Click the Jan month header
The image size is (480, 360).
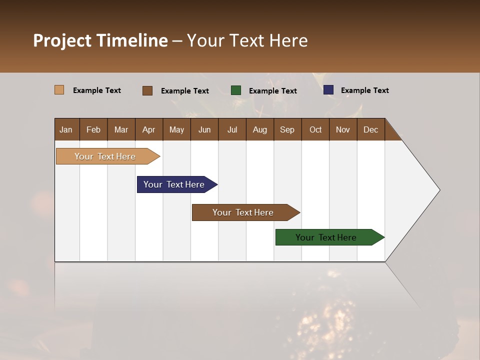tap(66, 129)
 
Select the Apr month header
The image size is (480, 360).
tap(148, 129)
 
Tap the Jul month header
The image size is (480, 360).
tap(232, 129)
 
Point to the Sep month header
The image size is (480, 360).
tap(287, 129)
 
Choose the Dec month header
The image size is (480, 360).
tap(370, 129)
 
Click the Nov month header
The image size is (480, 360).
tap(342, 129)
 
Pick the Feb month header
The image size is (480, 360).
tap(93, 129)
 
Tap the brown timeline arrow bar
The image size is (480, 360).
tap(243, 212)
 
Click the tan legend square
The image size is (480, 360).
tap(59, 90)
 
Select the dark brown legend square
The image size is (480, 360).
tap(147, 90)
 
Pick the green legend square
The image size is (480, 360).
tap(236, 90)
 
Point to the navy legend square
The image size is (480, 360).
tap(328, 90)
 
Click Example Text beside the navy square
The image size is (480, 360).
tap(364, 90)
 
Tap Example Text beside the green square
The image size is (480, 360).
tap(272, 91)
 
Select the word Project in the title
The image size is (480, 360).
tap(62, 40)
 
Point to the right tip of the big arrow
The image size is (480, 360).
tap(438, 190)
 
